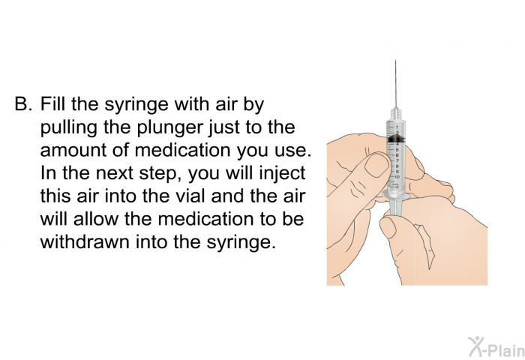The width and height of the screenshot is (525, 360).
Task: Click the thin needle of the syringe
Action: [x=395, y=82]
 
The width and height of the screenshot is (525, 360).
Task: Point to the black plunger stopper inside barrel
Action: [x=396, y=140]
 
